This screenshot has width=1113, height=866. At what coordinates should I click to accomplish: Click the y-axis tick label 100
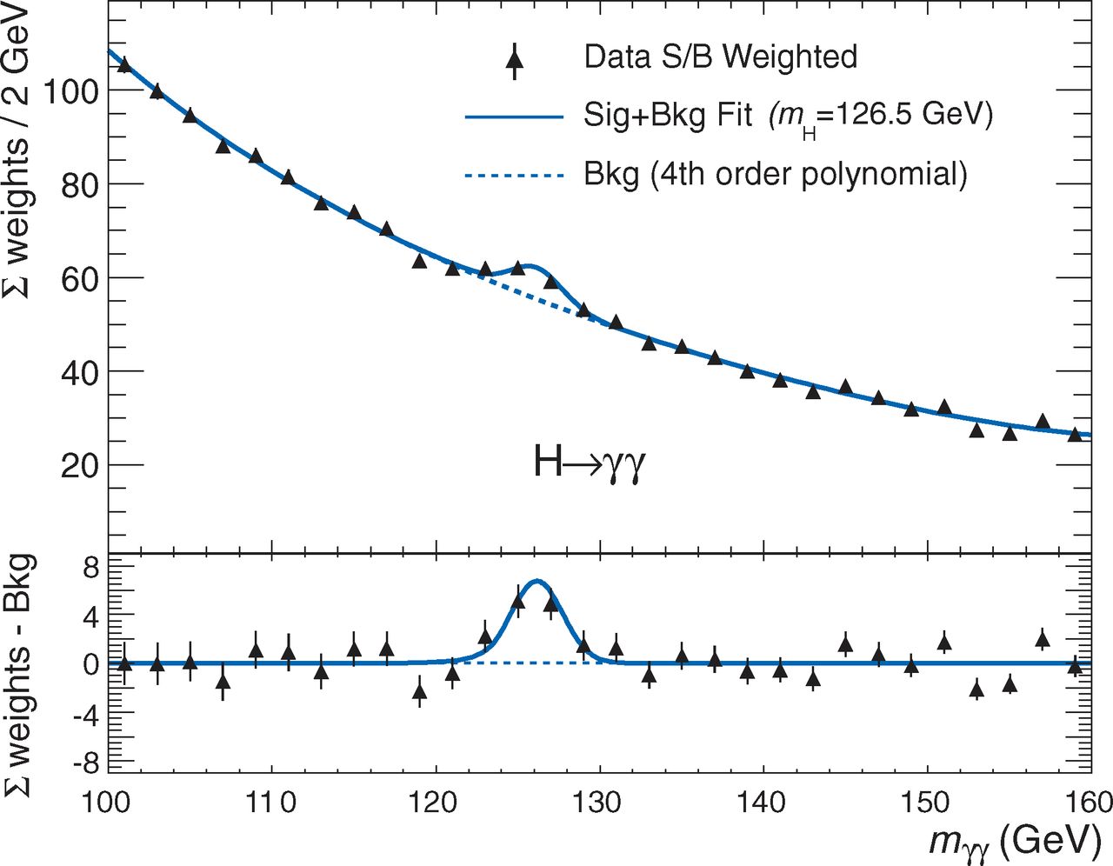click(70, 90)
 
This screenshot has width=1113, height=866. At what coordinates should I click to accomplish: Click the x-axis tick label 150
click(924, 802)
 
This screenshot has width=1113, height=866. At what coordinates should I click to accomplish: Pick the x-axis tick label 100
click(107, 802)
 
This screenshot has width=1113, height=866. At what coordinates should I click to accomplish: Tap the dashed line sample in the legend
click(515, 176)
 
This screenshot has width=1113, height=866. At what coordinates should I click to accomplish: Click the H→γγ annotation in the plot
click(590, 463)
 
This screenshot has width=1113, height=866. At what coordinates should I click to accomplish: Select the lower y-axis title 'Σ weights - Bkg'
click(19, 674)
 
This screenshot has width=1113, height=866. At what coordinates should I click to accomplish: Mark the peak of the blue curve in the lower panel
click(537, 580)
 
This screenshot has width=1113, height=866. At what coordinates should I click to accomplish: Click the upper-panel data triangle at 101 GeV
click(124, 65)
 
